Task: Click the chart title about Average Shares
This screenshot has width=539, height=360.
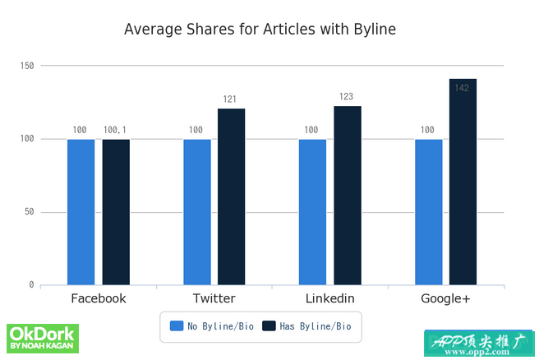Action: [260, 30]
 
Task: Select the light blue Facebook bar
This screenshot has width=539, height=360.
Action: [81, 212]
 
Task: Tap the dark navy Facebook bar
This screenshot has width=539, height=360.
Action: [116, 212]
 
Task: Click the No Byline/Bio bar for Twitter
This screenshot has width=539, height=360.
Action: [196, 212]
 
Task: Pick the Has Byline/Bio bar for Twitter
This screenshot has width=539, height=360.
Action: [232, 197]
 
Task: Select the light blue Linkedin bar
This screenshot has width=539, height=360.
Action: [312, 212]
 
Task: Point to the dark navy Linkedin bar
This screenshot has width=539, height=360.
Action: [348, 196]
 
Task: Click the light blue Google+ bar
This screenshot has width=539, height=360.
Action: [428, 212]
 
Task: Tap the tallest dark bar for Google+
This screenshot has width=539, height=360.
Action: [463, 182]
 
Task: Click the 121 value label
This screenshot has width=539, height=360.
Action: [230, 99]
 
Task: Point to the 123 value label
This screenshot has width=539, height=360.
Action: [346, 97]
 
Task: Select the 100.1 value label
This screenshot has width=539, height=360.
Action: [115, 130]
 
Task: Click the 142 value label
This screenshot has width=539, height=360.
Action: [462, 88]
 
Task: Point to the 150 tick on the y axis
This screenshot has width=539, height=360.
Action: [26, 66]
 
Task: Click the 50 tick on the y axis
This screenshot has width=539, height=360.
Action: [29, 212]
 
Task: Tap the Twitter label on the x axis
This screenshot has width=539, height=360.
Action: [214, 298]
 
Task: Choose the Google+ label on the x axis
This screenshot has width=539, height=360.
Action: [445, 298]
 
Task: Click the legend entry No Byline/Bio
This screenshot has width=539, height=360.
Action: [212, 326]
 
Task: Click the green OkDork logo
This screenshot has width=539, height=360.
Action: [43, 339]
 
